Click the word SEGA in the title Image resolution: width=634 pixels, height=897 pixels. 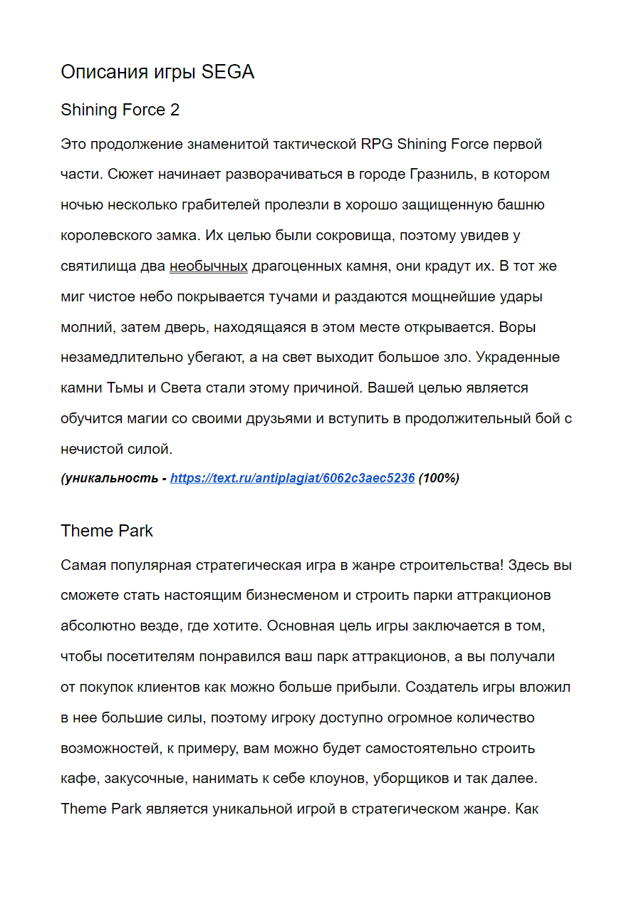tap(228, 72)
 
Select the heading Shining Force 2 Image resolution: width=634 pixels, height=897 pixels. tap(120, 110)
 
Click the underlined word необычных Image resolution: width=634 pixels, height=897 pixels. tap(208, 266)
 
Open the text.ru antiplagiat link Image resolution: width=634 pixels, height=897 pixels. tap(292, 478)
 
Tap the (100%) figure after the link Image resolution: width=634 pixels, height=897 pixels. tap(439, 478)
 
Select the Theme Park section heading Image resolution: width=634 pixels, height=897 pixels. tap(107, 531)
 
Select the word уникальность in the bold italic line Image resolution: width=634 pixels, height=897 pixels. tap(112, 478)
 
